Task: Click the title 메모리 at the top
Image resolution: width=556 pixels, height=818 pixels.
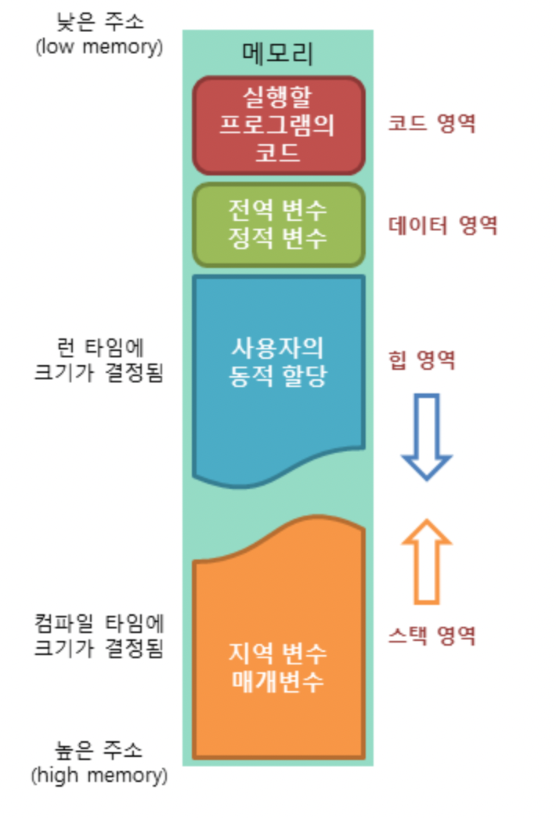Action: (x=278, y=55)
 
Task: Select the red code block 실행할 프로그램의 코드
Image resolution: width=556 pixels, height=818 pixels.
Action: (x=278, y=125)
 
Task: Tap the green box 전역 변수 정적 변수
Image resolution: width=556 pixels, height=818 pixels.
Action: (x=278, y=225)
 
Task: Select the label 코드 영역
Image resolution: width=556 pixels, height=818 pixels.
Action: (x=432, y=123)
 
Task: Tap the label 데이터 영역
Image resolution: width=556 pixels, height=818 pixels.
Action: (x=443, y=226)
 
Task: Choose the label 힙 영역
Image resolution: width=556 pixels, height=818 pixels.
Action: (x=422, y=360)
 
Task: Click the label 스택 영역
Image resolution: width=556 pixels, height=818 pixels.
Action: (x=432, y=635)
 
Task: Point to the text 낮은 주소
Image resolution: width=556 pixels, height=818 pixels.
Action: (x=99, y=19)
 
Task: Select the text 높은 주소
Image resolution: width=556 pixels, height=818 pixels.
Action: (x=99, y=750)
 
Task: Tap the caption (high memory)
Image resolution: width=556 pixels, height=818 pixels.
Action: (x=99, y=776)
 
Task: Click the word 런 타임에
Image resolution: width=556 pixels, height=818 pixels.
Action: (x=99, y=347)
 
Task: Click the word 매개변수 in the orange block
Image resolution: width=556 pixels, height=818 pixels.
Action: (x=278, y=681)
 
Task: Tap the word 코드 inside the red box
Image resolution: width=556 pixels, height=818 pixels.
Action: (x=278, y=152)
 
